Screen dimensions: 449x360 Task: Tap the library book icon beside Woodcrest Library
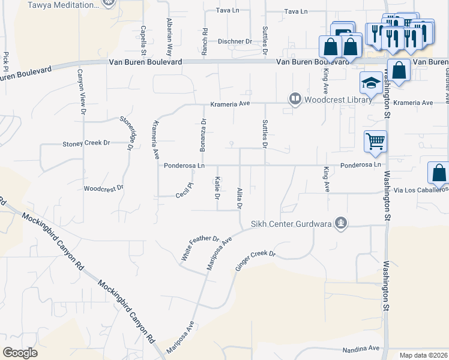[295, 98]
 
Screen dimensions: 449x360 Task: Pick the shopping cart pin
[375, 142]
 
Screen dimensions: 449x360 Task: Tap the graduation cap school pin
[371, 83]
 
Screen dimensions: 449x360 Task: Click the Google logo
[20, 353]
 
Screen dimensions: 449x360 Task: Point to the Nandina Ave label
[361, 348]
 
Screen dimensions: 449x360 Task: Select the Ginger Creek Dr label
[255, 262]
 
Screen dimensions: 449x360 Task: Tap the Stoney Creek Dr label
[86, 143]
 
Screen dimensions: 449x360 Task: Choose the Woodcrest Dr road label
[103, 188]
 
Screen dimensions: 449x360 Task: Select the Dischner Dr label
[235, 41]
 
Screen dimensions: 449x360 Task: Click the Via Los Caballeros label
[420, 190]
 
